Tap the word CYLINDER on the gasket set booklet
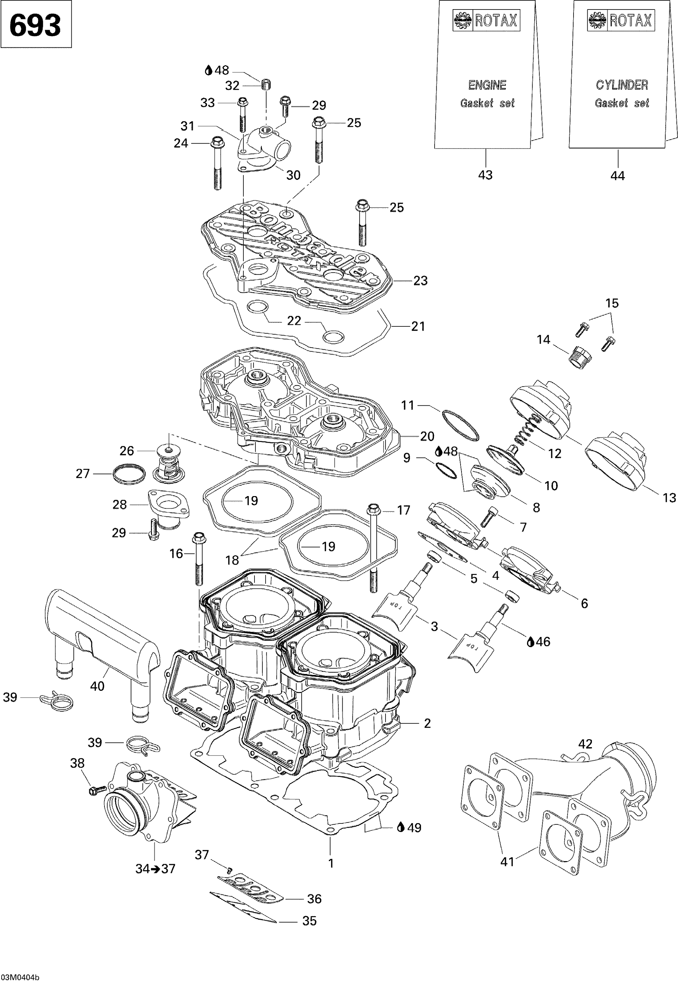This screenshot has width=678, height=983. pyautogui.click(x=622, y=85)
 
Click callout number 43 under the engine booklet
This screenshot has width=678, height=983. pyautogui.click(x=485, y=175)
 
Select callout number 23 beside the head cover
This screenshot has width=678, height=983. pyautogui.click(x=420, y=280)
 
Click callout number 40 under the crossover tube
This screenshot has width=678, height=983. pyautogui.click(x=97, y=686)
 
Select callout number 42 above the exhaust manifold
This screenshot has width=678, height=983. pyautogui.click(x=585, y=744)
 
